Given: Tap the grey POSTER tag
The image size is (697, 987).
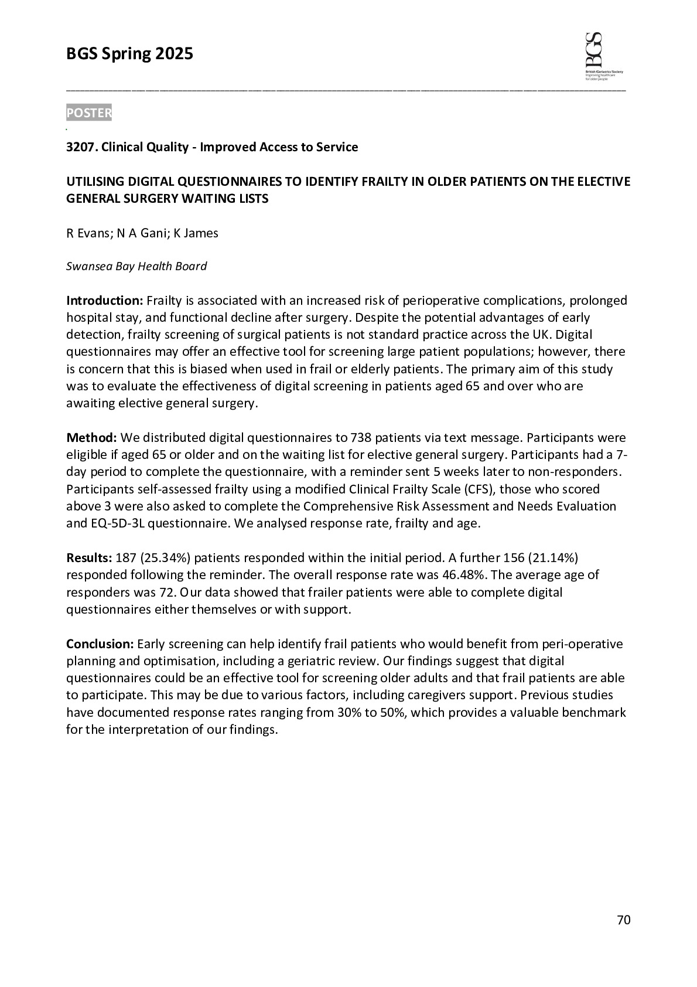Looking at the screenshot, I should pos(88,113).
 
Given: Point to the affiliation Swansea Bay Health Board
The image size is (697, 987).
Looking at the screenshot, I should pos(136,267).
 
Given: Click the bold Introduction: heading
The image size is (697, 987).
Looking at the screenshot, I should pos(104,301).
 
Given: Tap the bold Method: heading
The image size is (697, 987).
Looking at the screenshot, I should pos(92,438).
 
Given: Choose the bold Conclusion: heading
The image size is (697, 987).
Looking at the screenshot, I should pos(100,644).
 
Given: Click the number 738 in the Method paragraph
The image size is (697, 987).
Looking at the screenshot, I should pos(360,438).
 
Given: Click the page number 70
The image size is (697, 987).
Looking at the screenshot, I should pos(624,920).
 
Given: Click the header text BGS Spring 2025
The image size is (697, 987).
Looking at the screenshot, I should pos(129,54).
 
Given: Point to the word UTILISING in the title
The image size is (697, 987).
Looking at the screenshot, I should pos(97,182).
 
